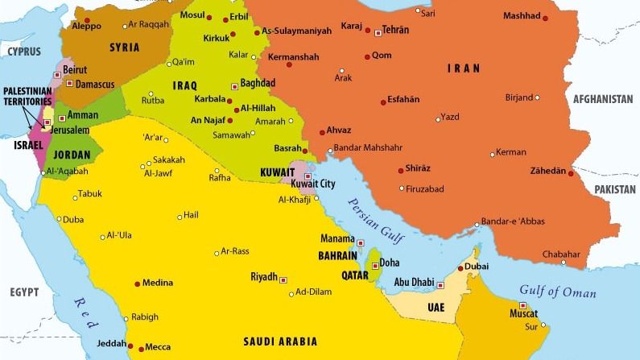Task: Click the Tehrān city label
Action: point(396,30)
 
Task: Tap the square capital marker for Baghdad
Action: point(233,83)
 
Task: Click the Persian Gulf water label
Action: point(376,217)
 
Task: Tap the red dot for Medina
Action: point(137,283)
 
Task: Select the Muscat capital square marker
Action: point(523,305)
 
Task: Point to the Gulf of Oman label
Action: point(557,292)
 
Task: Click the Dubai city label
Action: point(477,266)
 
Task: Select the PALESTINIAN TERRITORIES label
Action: point(27,97)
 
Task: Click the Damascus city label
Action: point(97,84)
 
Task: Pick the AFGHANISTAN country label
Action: point(603,99)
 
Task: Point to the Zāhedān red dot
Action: point(573,172)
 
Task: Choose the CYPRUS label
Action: point(24,51)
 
